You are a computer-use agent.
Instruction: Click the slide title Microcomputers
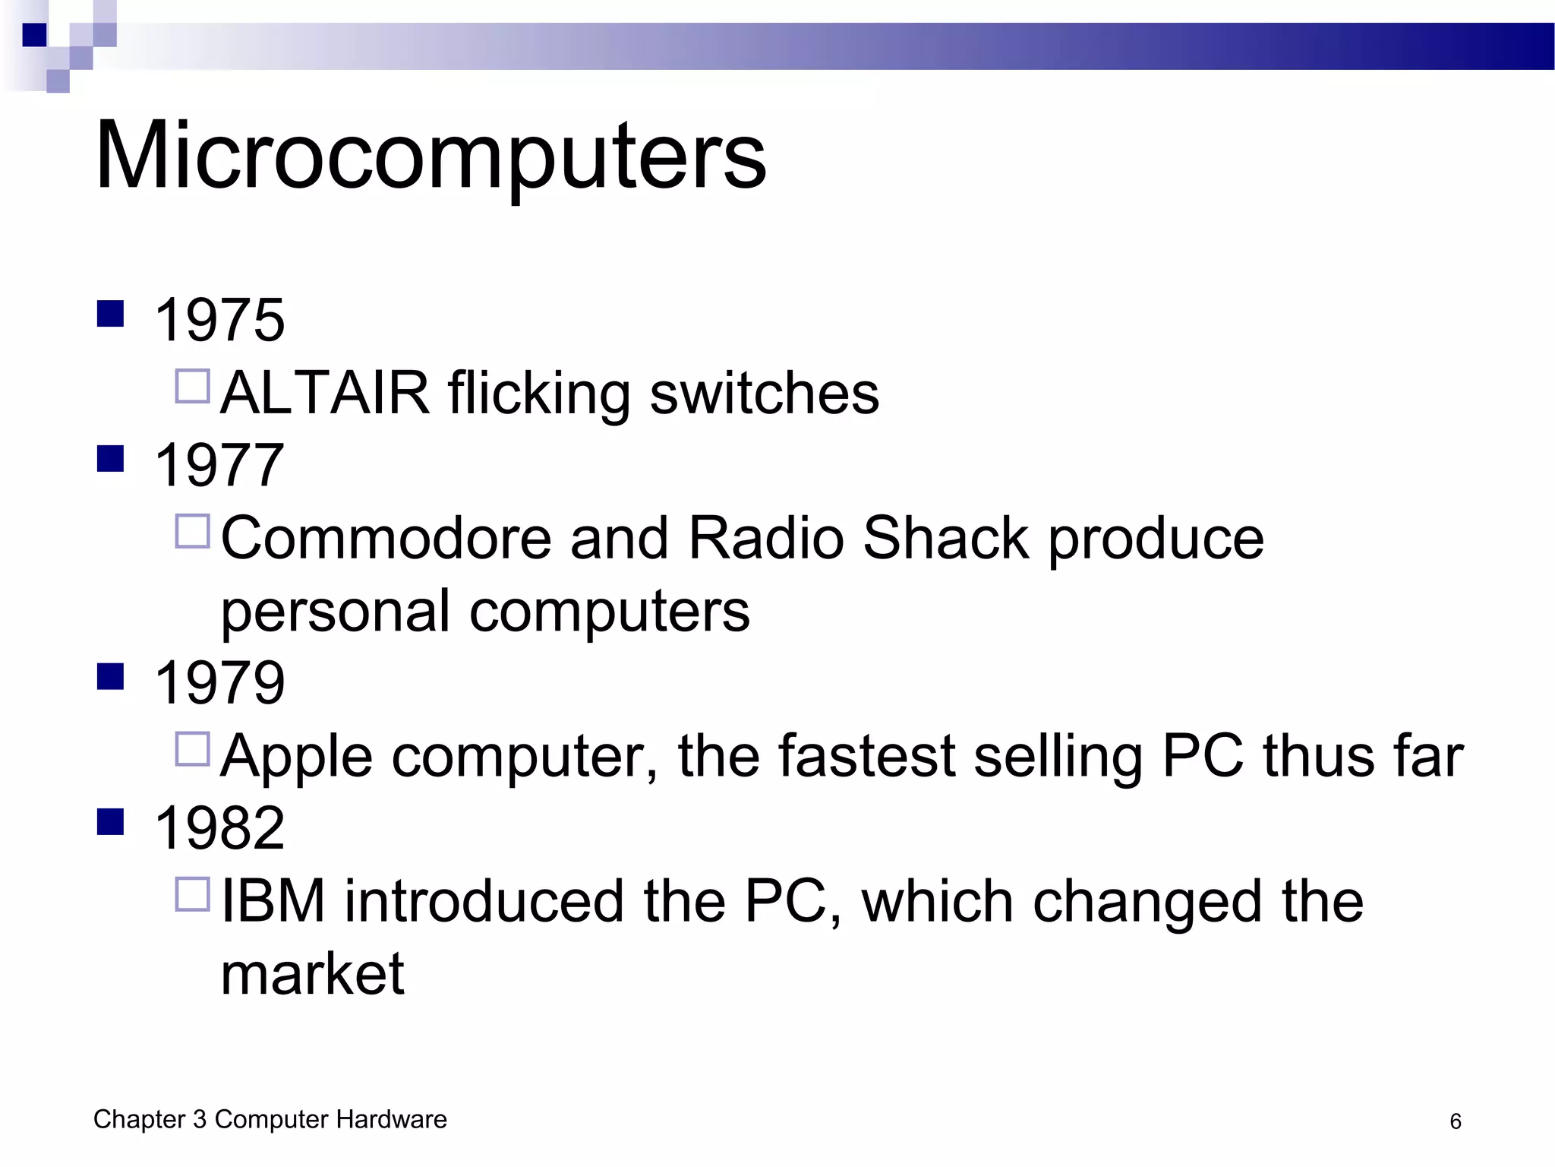pos(431,157)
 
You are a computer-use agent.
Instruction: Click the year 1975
pos(219,320)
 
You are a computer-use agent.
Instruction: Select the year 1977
pos(219,465)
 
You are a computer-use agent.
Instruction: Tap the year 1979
pos(219,682)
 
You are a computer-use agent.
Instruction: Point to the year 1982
pos(219,827)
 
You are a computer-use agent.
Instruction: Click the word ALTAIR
pos(325,393)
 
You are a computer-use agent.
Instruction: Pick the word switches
pos(765,393)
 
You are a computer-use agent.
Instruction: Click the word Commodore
pos(386,538)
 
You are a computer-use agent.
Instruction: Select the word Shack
pos(946,538)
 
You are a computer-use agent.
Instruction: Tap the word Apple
pos(297,756)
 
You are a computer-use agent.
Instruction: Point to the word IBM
pos(273,901)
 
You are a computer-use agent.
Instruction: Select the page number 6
pos(1455,1121)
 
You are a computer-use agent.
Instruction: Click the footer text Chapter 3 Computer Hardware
pos(270,1119)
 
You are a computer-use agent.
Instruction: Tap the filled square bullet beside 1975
pos(111,314)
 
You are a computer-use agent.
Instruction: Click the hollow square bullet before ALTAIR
pos(193,386)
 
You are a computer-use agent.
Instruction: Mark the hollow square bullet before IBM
pos(193,894)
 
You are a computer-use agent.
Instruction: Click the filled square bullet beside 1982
pos(111,821)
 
